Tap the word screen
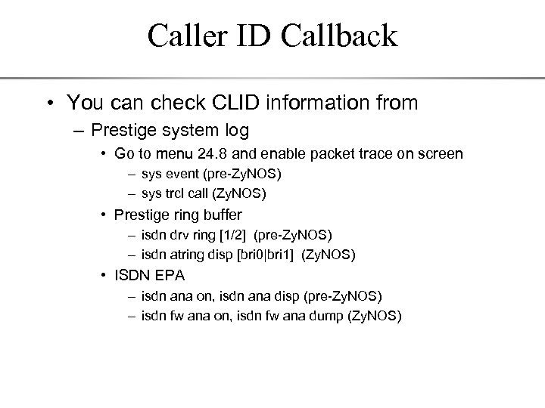[441, 153]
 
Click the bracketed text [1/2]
[219, 236]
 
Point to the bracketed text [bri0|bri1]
[262, 255]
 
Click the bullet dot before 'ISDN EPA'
[105, 276]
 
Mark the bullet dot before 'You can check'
[50, 102]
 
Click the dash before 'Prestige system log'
[78, 129]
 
